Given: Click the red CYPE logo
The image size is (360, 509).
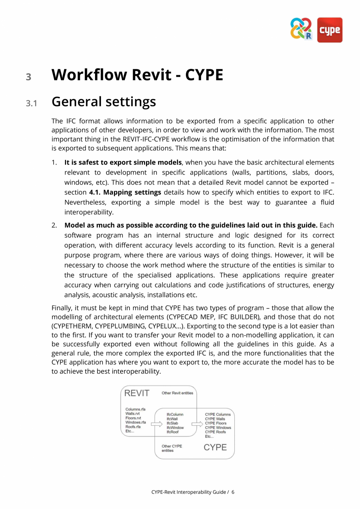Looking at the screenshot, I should tap(329, 30).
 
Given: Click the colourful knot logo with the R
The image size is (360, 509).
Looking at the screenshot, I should tap(301, 29).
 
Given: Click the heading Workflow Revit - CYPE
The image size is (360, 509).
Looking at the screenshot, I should tap(137, 75).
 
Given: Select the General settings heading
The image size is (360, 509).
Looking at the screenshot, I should tap(104, 102).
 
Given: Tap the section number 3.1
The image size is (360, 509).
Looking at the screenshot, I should tap(31, 103).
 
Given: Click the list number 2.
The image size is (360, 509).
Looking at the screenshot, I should tap(55, 226).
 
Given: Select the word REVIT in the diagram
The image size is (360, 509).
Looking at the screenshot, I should tap(137, 393).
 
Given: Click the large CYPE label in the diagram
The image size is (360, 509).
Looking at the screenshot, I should tap(215, 447).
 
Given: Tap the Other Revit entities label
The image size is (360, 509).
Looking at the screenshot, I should tap(177, 393).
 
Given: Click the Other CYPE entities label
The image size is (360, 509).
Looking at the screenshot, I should tap(171, 448).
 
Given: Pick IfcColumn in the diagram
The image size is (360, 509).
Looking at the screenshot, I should tap(175, 414).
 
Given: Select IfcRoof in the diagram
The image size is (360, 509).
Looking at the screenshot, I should tap(173, 432).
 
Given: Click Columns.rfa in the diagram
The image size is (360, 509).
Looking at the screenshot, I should tap(135, 410).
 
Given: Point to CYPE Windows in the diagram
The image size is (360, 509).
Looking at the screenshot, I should tap(218, 428).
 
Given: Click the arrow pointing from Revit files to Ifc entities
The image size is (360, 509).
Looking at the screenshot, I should tap(157, 424).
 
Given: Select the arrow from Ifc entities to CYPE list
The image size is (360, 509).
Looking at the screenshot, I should tap(197, 424).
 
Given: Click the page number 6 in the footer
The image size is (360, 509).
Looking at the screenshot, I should tap(233, 492).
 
